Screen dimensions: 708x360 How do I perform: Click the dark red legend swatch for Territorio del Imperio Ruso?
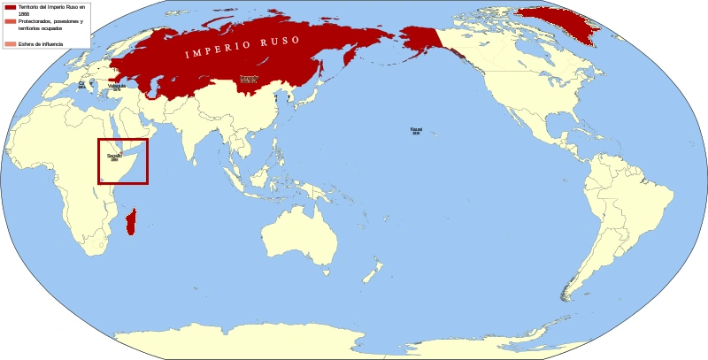[x=10, y=7]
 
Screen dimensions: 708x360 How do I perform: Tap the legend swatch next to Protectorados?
[x=10, y=21]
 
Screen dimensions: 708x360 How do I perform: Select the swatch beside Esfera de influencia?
[x=10, y=43]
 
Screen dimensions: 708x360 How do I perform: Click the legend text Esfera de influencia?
[x=37, y=43]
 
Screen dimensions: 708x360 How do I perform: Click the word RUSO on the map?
[x=279, y=42]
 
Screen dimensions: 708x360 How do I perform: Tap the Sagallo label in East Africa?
[x=114, y=157]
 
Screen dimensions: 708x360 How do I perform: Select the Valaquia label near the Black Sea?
[x=117, y=87]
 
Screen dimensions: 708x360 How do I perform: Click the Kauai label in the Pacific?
[x=416, y=130]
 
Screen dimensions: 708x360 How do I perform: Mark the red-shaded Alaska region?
[x=420, y=40]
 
